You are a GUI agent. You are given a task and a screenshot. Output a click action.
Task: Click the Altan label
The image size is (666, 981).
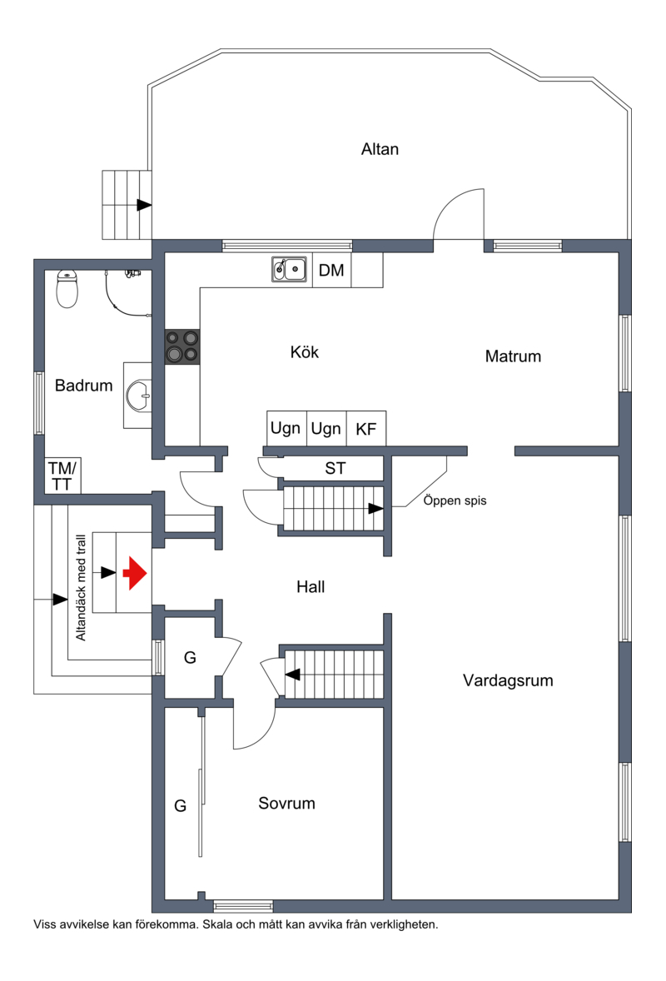[x=380, y=149]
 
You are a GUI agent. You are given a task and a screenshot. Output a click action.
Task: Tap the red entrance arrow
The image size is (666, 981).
[x=135, y=573]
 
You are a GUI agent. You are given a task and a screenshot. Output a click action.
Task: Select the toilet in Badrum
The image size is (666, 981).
[x=67, y=289]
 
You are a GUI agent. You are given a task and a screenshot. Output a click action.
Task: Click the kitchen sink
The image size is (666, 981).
[x=289, y=270]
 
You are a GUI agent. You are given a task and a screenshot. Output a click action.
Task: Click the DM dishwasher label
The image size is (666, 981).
[x=331, y=271]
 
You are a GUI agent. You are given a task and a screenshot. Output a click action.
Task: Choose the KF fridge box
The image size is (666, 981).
[x=366, y=429]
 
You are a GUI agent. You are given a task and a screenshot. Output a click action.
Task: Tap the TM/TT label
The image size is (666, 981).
[x=62, y=476]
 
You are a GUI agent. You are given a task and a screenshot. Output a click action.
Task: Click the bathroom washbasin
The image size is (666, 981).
[x=137, y=396]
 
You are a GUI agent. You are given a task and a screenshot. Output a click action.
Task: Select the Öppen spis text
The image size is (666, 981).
[x=455, y=500]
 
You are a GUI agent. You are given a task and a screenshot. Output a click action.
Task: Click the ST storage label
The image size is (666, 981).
[x=335, y=468]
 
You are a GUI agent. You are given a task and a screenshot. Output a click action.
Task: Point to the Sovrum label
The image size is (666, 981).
[x=286, y=804]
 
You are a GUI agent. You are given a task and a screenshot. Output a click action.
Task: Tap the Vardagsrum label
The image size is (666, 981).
[x=508, y=680]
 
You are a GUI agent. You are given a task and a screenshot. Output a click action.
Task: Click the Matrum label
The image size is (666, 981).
[x=513, y=356]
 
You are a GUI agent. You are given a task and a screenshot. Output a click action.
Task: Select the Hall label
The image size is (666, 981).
[x=311, y=587]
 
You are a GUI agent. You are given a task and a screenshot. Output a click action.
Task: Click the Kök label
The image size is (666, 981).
[x=305, y=352]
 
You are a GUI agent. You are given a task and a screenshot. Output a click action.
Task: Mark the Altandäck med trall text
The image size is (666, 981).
[x=81, y=587]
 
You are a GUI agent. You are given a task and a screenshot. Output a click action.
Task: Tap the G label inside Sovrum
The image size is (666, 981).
[x=180, y=806]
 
